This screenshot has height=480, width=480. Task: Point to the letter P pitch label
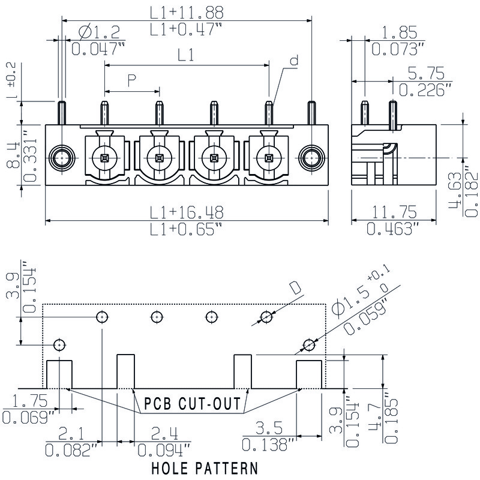tap(132, 80)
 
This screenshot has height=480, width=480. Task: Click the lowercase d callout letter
tap(293, 61)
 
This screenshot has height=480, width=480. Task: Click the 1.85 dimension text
tap(397, 33)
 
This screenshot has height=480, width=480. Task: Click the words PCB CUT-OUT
tap(192, 403)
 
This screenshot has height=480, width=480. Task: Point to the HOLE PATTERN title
tap(205, 467)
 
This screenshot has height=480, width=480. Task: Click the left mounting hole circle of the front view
tap(62, 158)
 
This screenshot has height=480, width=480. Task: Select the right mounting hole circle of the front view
tap(311, 158)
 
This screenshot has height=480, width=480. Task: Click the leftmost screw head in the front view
tap(105, 158)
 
